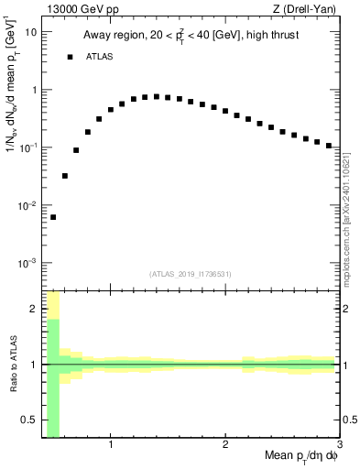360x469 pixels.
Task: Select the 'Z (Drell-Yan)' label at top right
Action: point(309,10)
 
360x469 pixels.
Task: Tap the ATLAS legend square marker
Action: point(70,57)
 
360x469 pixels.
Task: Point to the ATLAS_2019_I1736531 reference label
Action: point(191,274)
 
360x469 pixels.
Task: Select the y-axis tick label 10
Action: point(31,32)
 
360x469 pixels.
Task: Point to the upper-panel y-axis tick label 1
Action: point(34,90)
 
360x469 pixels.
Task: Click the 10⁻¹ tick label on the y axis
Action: point(28,147)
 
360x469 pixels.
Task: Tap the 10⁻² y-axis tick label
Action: point(28,205)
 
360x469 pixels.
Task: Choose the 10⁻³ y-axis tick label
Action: point(28,263)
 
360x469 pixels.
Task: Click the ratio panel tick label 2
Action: point(34,309)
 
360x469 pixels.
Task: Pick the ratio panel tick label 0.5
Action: point(29,420)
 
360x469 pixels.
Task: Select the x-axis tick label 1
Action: point(111,446)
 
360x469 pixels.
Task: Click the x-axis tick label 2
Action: point(225,446)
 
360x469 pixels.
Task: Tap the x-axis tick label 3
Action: point(339,446)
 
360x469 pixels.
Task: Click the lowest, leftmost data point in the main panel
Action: point(53,217)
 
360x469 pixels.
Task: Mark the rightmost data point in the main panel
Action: point(329,145)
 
